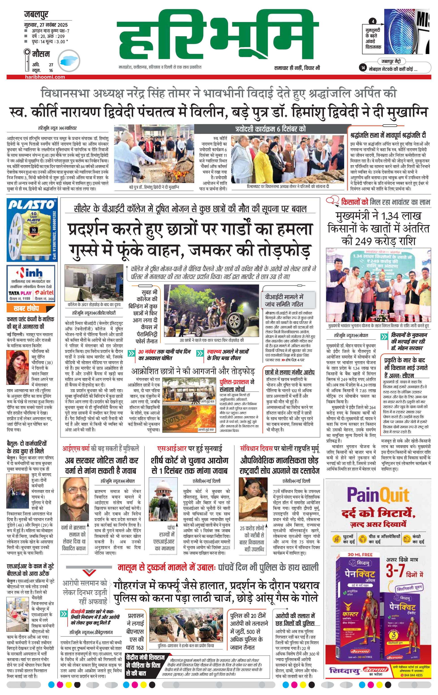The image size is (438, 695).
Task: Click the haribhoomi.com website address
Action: coord(45,77)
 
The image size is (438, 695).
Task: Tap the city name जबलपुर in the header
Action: coord(36,14)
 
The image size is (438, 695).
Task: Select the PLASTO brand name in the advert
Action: coord(31,205)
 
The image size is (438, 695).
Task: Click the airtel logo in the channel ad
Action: coord(46,293)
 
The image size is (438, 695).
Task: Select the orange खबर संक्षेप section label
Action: coord(26,308)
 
